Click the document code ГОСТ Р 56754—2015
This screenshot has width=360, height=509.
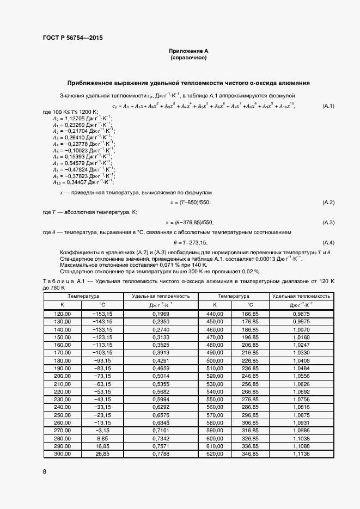[72, 38]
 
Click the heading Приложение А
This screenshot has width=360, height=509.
[188, 51]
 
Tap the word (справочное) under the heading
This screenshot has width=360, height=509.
[188, 57]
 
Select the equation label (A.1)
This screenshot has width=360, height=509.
[328, 106]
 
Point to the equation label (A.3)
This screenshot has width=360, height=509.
[328, 222]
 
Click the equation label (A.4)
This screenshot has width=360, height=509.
[328, 242]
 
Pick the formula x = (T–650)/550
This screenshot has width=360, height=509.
[189, 203]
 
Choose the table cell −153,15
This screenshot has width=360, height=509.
[102, 314]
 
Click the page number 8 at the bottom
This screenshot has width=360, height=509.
[45, 471]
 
